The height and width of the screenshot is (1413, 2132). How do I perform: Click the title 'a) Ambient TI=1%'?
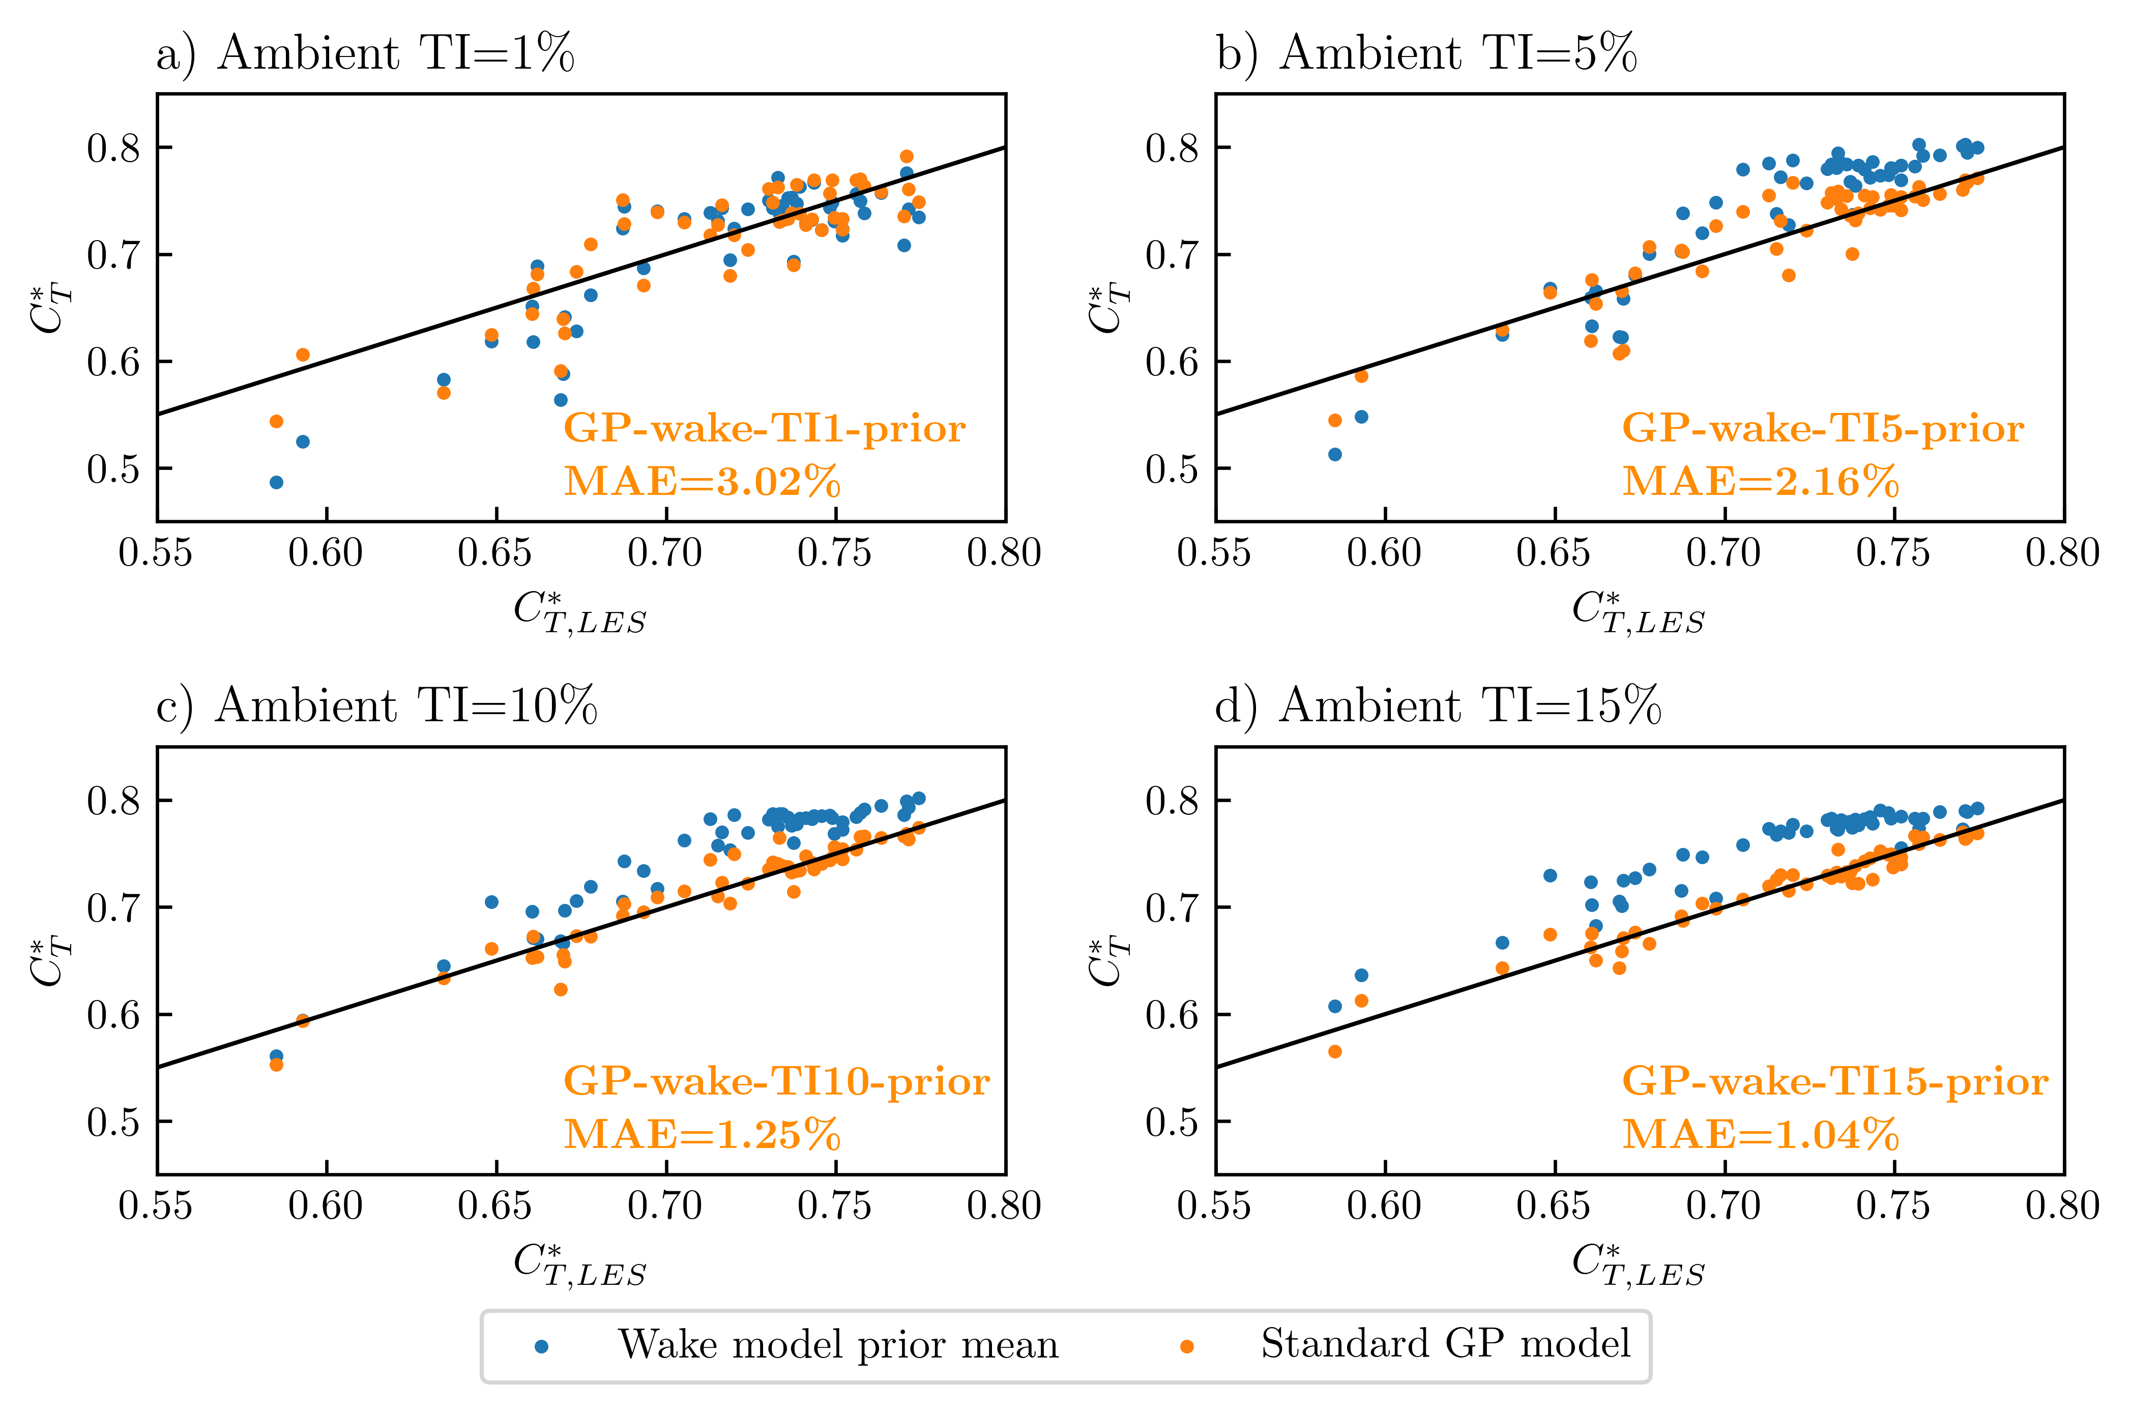(365, 53)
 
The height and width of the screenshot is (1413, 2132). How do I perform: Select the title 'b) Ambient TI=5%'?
(1426, 53)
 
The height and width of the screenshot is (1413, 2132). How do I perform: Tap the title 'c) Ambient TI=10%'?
(376, 705)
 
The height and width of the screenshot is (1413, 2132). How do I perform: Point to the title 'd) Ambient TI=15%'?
(1438, 705)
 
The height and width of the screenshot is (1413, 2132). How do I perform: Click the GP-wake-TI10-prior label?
(777, 1081)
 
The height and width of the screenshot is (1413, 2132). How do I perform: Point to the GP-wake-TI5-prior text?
(1823, 429)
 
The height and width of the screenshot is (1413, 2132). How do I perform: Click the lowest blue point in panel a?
(277, 482)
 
